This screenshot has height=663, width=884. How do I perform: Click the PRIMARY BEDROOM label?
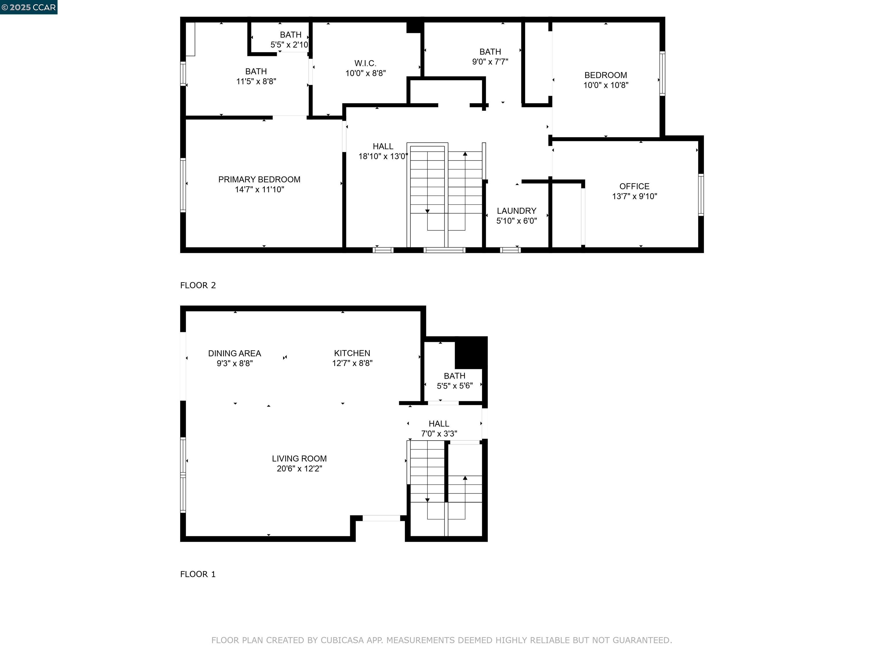259,180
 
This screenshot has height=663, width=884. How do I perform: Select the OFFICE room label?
634,186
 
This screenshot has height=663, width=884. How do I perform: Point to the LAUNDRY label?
516,211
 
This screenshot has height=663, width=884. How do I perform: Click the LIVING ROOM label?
299,459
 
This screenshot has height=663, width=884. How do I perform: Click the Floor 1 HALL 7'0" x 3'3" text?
439,429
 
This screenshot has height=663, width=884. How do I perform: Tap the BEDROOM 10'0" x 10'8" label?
605,80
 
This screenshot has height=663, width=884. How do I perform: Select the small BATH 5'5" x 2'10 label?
290,39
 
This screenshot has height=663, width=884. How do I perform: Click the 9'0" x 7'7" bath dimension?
490,62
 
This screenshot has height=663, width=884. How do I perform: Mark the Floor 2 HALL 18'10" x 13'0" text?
383,151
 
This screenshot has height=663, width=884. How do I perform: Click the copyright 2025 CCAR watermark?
28,7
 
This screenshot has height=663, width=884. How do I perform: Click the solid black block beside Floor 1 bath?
471,353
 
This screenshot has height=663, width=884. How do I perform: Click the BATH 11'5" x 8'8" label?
256,76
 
